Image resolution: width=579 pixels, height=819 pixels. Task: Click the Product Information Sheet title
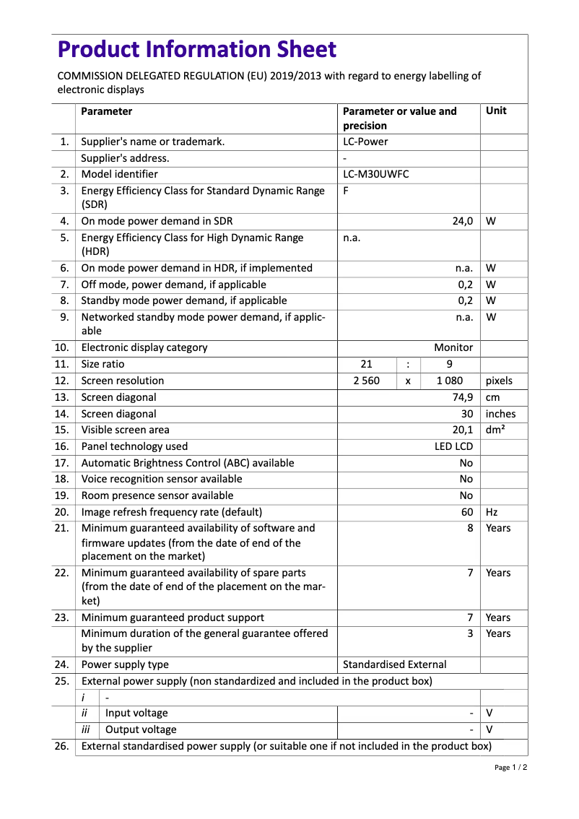[196, 50]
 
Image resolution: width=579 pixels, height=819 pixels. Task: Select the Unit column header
[496, 111]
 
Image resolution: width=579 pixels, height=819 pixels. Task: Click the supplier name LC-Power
[365, 142]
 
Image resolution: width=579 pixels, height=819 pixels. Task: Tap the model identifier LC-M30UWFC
[375, 174]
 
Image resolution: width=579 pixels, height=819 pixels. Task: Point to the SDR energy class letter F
[346, 191]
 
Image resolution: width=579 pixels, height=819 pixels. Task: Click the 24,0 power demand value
[462, 221]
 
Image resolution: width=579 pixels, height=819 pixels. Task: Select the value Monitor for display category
[453, 347]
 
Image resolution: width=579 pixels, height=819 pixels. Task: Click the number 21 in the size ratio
[367, 364]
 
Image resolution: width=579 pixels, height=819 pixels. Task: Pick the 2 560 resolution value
[367, 381]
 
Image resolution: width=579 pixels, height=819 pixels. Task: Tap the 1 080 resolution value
[449, 381]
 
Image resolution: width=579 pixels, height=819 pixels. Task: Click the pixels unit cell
[499, 381]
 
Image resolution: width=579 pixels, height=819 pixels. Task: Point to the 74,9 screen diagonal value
[462, 397]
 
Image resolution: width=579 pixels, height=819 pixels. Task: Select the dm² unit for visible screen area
[495, 430]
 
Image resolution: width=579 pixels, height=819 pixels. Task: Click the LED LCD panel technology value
[453, 446]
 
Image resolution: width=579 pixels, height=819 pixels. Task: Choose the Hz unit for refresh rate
[492, 512]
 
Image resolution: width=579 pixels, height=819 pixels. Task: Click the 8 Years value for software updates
[470, 528]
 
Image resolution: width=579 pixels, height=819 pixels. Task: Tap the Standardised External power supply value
[394, 664]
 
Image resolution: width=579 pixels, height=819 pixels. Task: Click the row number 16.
[62, 446]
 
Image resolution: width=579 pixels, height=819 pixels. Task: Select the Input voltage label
[136, 713]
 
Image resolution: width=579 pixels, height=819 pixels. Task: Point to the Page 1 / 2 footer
[510, 768]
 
